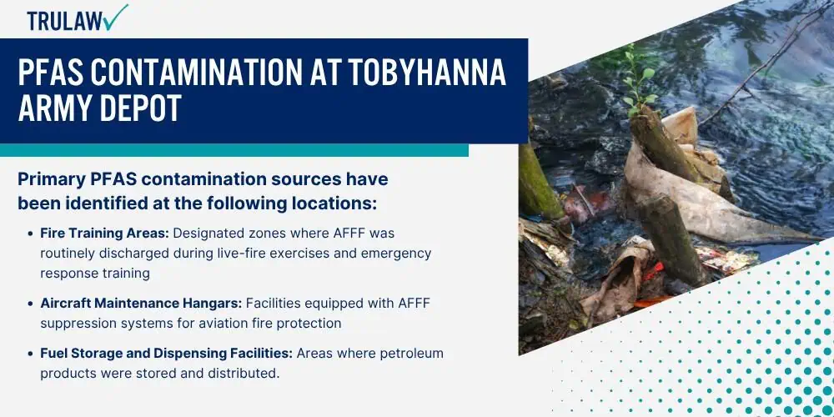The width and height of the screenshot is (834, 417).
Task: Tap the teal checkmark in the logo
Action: coord(115,17)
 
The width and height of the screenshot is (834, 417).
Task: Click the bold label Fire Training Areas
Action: coord(105,234)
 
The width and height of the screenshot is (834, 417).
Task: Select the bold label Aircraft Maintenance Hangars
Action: coord(142,304)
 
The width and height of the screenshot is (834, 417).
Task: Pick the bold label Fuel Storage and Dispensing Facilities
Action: coord(167,354)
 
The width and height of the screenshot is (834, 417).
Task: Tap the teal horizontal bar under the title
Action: coord(234,150)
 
